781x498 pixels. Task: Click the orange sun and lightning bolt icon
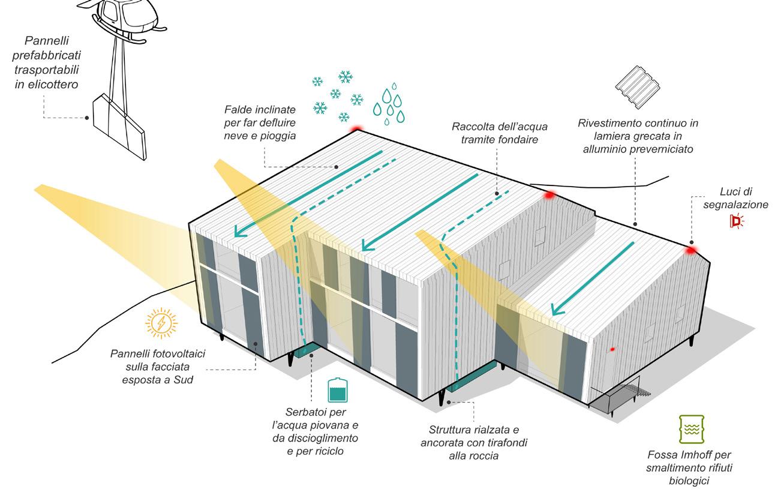tap(161, 324)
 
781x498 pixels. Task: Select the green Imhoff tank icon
tap(690, 429)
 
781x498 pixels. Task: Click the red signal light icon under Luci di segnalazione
tap(735, 221)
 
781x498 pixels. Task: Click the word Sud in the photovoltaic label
tap(185, 380)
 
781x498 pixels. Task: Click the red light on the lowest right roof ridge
tap(691, 250)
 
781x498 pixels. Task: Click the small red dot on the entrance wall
tap(612, 349)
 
